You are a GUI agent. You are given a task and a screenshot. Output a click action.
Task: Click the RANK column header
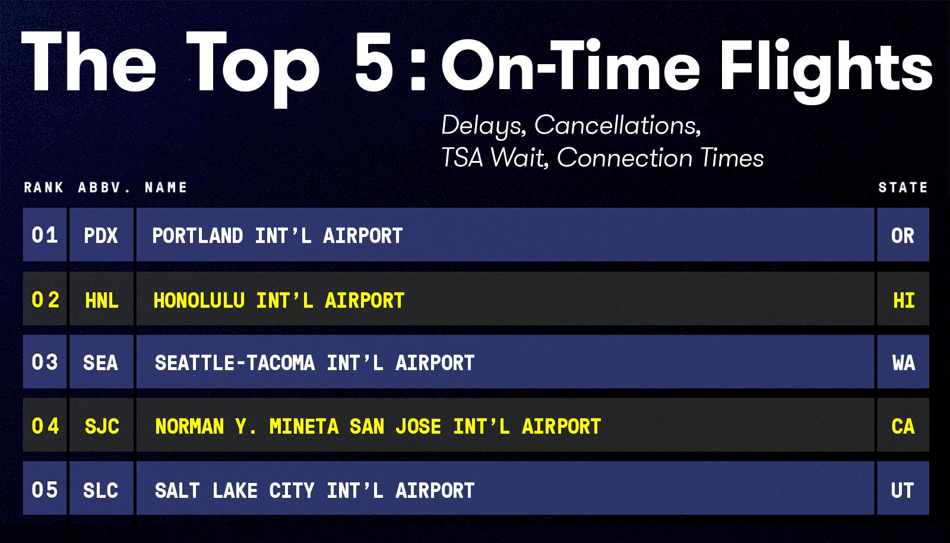click(43, 188)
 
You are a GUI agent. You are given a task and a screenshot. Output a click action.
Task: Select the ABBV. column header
click(104, 188)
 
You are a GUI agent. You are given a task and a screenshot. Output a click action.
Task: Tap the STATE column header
click(902, 188)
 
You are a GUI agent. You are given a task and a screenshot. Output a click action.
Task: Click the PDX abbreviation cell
click(101, 236)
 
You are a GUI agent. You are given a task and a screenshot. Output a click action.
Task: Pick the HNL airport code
click(102, 301)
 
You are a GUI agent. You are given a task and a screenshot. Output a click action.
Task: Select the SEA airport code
click(100, 363)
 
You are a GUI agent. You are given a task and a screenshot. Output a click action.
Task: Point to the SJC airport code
click(102, 427)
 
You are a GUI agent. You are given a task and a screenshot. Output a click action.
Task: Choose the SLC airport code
click(100, 491)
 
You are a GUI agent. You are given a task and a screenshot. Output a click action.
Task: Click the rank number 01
click(45, 235)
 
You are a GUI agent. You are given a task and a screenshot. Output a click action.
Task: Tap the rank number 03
click(45, 362)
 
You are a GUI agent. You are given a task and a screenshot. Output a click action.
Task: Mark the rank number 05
click(45, 490)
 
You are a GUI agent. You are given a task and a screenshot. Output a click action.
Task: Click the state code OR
click(902, 236)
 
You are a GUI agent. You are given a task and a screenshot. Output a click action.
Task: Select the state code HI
click(904, 301)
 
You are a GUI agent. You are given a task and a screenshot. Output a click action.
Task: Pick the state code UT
click(902, 491)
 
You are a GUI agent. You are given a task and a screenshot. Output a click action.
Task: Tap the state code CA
click(902, 427)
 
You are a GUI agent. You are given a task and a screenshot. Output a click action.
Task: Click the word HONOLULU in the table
click(199, 301)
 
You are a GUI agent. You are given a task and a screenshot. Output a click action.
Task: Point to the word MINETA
click(303, 427)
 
